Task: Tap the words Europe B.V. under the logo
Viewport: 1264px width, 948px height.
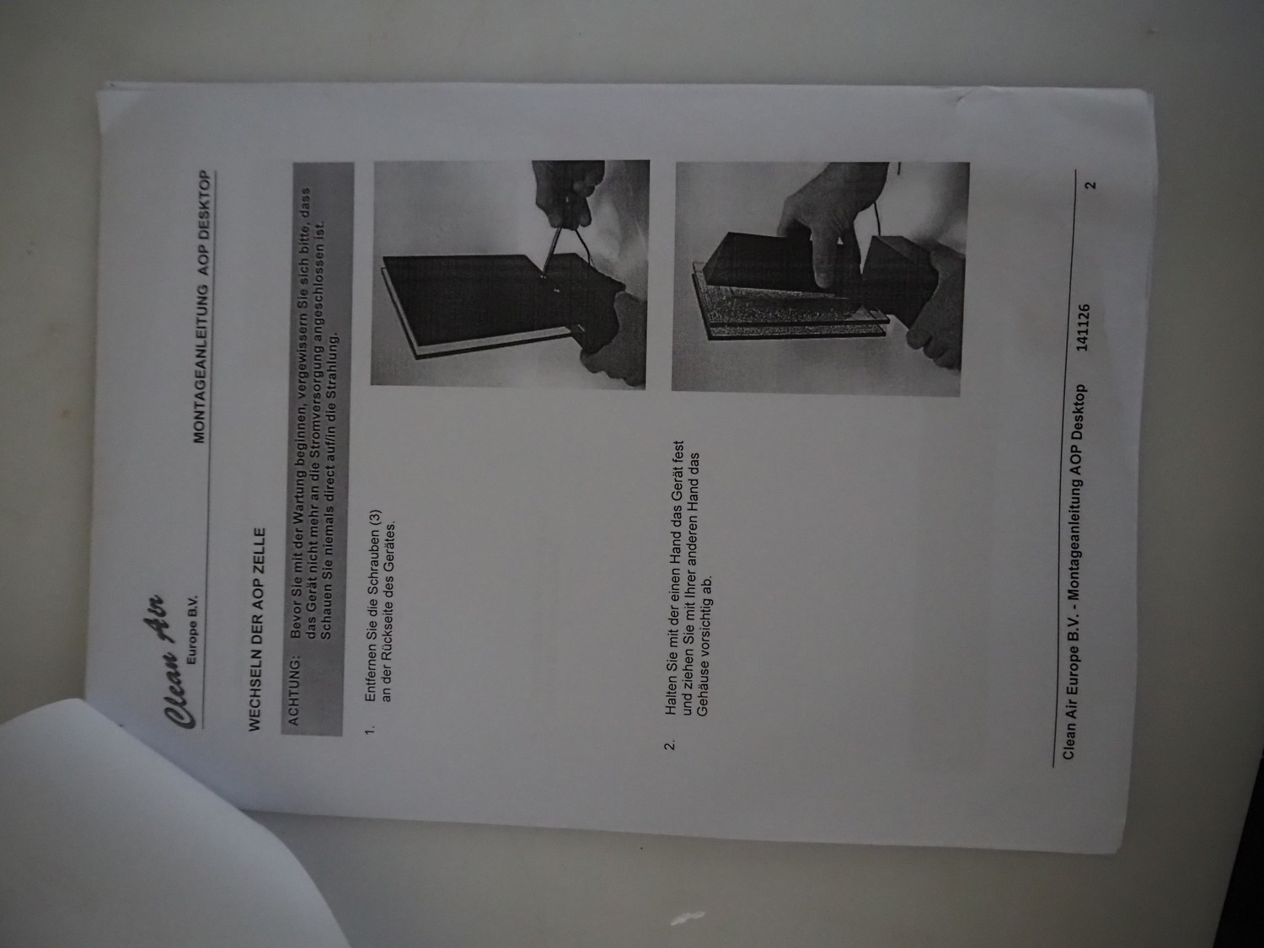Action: tap(192, 629)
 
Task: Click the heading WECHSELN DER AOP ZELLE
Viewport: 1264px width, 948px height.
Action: tap(257, 629)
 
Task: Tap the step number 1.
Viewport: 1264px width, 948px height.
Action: tap(370, 729)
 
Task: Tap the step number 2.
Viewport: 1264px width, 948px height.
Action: tap(669, 746)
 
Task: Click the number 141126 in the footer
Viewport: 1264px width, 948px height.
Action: tap(1082, 327)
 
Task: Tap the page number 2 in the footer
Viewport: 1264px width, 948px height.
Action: tap(1090, 185)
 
